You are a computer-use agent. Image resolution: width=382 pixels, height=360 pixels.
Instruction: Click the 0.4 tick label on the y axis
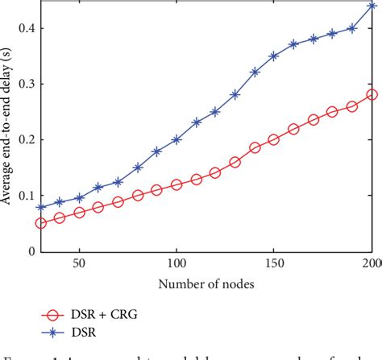25,28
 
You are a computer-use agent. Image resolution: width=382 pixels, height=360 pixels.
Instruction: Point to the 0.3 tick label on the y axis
25,84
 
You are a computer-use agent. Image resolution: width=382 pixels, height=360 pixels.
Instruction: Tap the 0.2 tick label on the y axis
25,139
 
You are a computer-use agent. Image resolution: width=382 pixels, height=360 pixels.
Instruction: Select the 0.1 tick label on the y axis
25,195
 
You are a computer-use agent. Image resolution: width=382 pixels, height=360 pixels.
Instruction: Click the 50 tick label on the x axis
79,264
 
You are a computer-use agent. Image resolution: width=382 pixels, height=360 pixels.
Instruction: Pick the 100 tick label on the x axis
176,264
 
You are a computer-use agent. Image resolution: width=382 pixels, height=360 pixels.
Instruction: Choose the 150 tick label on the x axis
274,264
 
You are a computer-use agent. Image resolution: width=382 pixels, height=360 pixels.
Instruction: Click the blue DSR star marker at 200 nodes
372,6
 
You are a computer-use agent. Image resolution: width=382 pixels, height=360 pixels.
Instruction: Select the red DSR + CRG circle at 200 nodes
372,95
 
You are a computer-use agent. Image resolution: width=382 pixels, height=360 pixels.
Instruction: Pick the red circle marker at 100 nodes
176,184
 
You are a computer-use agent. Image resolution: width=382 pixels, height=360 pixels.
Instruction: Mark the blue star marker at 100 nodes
176,139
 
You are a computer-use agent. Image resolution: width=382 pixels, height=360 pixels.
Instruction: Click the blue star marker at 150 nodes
274,56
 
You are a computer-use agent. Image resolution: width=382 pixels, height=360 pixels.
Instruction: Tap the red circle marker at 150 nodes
274,139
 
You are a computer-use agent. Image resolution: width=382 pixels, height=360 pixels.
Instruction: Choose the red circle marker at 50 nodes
79,213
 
